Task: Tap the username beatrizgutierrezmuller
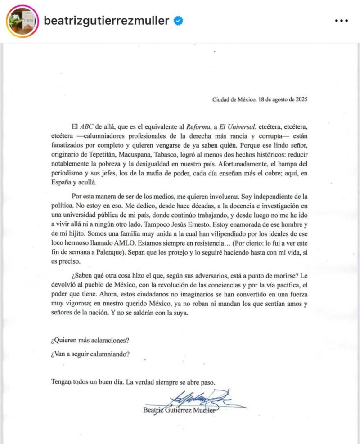coord(106,21)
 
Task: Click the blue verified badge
coord(179,21)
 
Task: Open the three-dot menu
coord(343,21)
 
